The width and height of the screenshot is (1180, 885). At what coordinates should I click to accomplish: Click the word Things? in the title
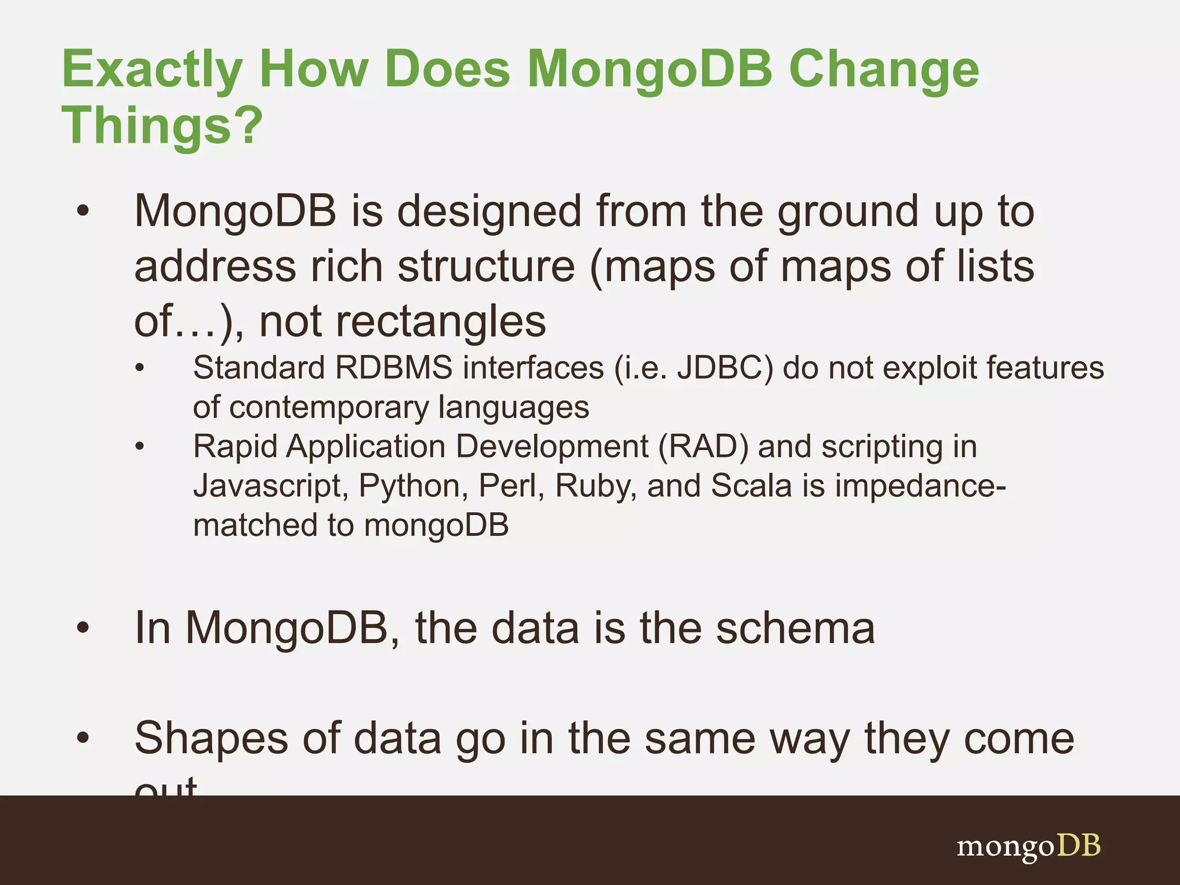(162, 126)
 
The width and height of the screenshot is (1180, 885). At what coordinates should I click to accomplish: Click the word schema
(795, 628)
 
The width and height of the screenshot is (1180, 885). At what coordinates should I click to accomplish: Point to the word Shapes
(211, 739)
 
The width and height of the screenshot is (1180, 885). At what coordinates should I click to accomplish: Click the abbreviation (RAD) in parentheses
(703, 447)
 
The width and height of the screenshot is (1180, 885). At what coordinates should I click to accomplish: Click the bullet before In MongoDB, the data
(83, 629)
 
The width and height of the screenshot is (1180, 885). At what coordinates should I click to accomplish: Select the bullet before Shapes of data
(83, 739)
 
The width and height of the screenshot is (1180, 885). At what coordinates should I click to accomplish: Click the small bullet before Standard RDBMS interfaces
(139, 368)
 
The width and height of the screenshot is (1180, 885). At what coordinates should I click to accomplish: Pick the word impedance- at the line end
(920, 486)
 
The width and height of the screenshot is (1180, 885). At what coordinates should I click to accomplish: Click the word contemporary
(328, 408)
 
